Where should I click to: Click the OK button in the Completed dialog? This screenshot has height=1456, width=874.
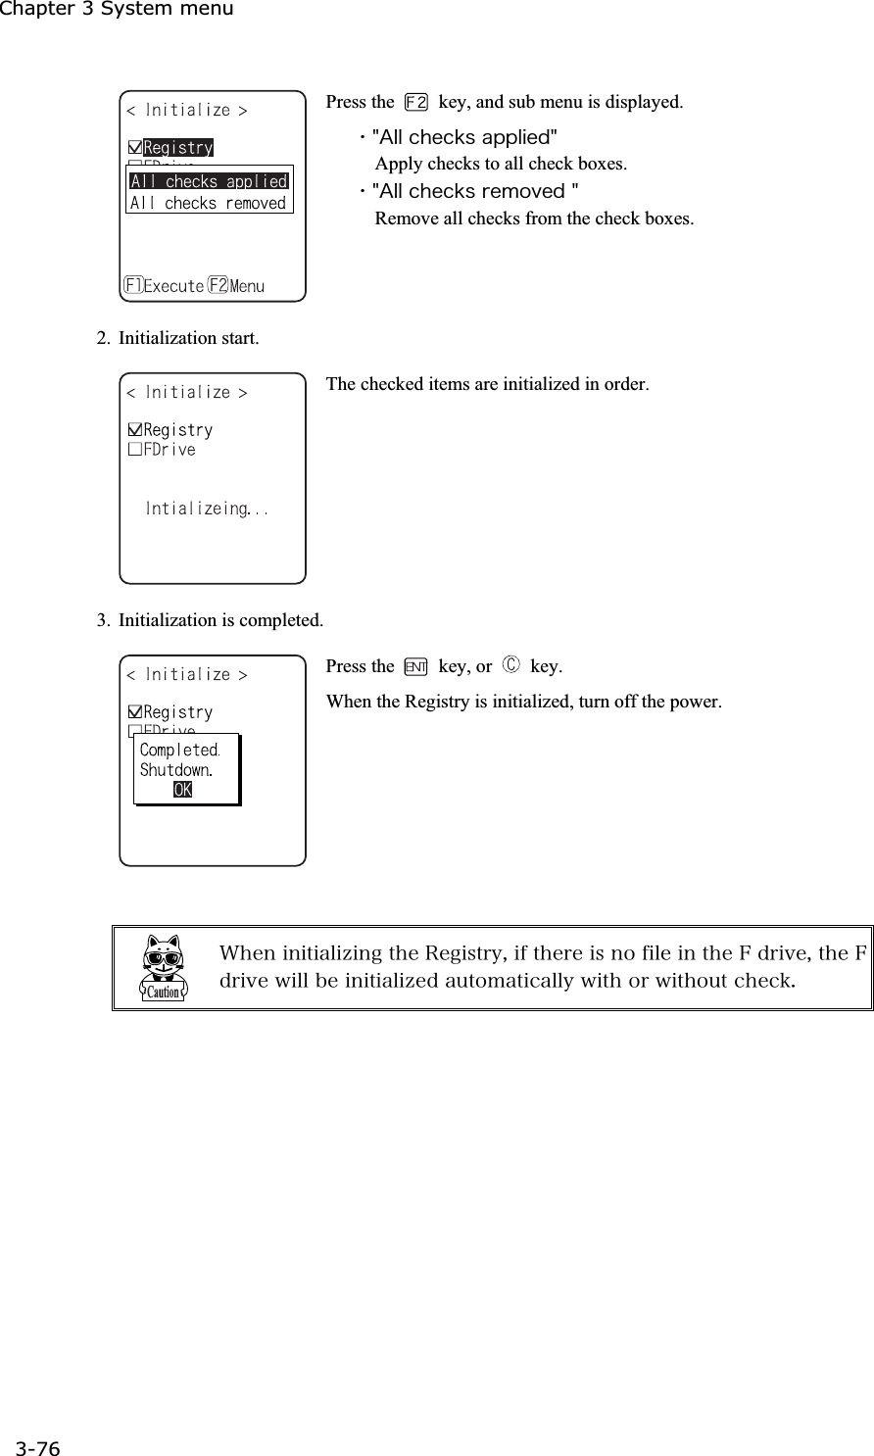point(183,790)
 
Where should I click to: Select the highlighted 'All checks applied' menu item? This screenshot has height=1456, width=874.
point(209,181)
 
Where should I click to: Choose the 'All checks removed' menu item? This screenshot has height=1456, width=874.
point(209,203)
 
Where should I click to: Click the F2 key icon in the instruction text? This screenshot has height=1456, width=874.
point(416,102)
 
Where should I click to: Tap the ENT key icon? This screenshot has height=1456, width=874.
point(416,667)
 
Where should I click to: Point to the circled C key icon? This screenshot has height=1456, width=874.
point(510,667)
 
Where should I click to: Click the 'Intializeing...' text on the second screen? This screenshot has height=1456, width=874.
point(207,509)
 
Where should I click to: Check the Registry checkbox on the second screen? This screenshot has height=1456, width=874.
point(135,431)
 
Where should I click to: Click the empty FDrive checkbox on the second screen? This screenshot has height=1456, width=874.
point(135,451)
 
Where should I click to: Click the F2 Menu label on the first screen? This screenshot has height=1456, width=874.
point(236,286)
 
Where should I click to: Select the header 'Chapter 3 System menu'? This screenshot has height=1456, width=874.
point(117,10)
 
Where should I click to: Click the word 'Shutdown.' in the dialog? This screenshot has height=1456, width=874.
point(176,770)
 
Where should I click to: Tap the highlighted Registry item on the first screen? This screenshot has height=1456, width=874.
point(178,148)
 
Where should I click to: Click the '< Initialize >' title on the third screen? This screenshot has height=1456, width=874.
point(186,675)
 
